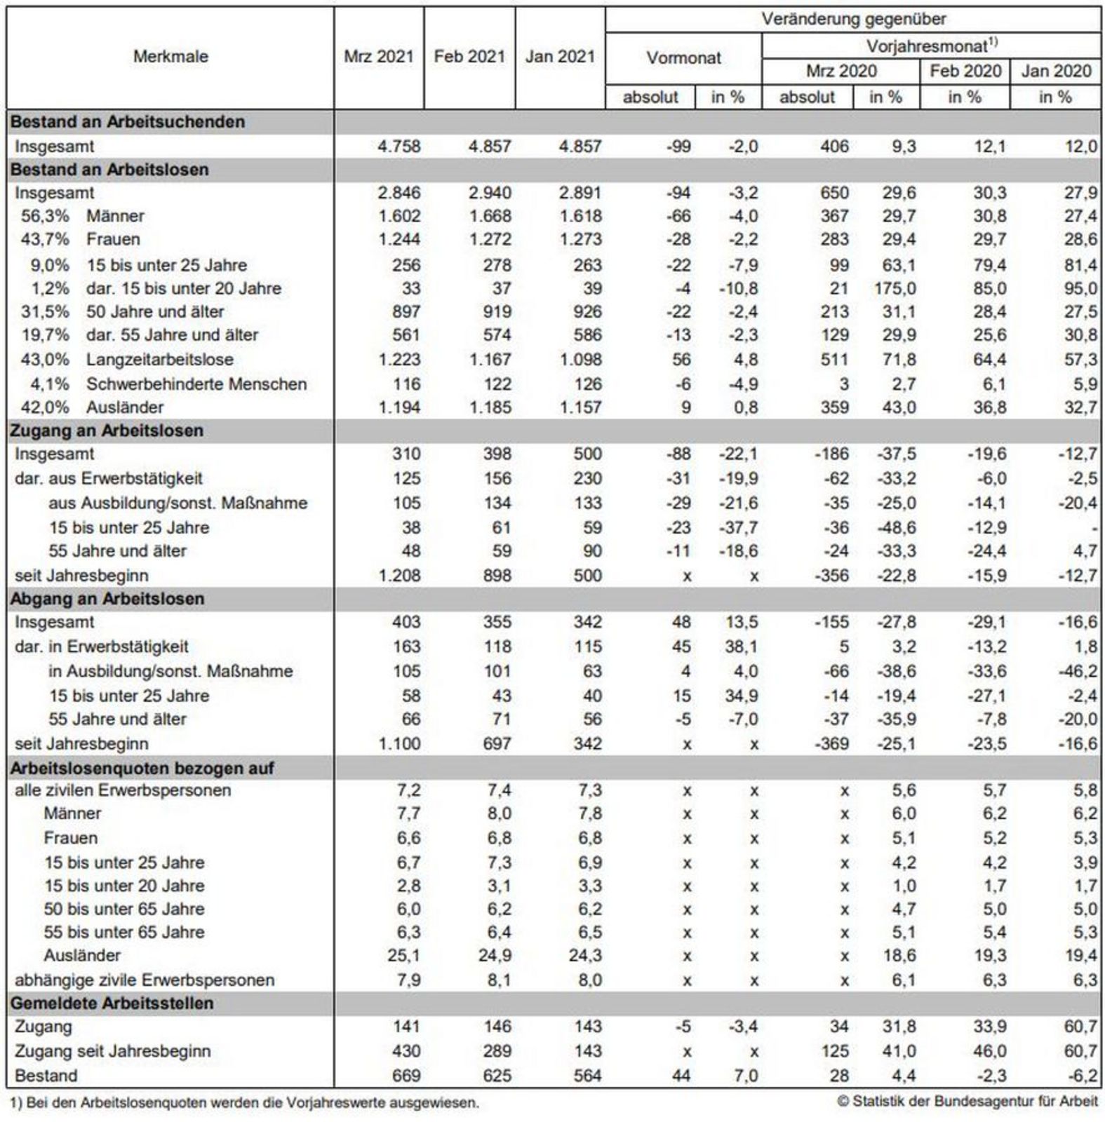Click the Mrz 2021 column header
tap(379, 57)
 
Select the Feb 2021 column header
tap(469, 57)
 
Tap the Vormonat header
tap(683, 58)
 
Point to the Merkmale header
tap(170, 57)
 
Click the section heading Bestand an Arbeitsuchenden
tap(128, 122)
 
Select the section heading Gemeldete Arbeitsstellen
tap(112, 1003)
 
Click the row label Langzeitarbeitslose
tap(160, 360)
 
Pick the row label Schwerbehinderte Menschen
tap(196, 384)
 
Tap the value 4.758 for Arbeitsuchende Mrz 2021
tap(399, 147)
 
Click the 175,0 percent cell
tap(895, 288)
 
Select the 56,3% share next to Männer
tap(45, 216)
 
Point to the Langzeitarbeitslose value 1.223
tap(399, 360)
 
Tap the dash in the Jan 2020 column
tap(1094, 527)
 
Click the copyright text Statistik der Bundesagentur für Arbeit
tap(968, 1101)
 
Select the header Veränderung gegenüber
tap(854, 20)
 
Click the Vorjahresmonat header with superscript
tap(932, 46)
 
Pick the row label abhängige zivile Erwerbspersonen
tap(145, 980)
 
